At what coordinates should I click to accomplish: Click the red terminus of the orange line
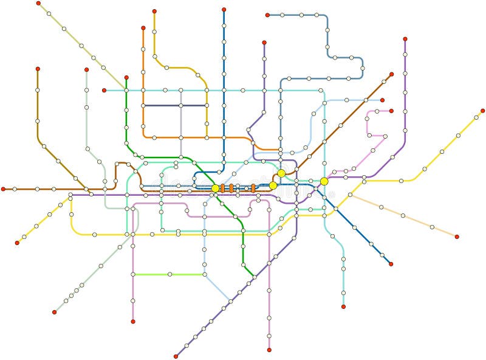143,28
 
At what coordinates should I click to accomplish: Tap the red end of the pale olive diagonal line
38,3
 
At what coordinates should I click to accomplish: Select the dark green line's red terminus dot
126,77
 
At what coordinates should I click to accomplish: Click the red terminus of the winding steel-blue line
267,15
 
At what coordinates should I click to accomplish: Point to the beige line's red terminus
457,237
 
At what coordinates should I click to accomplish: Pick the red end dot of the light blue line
382,100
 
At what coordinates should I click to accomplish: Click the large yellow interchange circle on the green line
215,189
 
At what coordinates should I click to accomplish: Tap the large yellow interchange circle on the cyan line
324,181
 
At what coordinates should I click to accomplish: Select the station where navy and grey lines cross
180,105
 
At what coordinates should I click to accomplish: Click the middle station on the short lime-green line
169,274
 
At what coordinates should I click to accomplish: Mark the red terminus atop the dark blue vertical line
224,10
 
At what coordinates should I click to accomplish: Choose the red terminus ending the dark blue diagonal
391,264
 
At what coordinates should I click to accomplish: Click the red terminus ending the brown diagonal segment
391,74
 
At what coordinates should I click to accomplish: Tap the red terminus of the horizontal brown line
3,189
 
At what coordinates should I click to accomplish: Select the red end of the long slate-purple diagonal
176,356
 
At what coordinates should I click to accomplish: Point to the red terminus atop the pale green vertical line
86,69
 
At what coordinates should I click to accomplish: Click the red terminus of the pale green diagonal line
54,312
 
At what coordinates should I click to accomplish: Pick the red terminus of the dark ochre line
38,69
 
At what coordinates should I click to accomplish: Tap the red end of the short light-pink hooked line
391,111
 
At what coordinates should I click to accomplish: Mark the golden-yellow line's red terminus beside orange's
154,11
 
